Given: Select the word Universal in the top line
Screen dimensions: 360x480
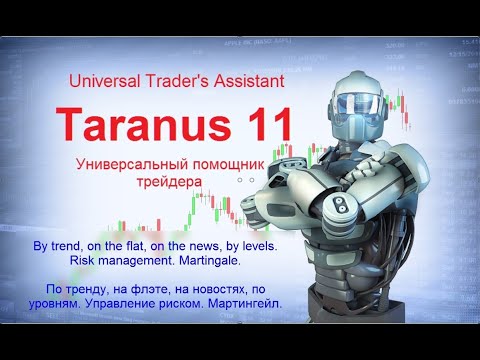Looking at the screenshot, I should pyautogui.click(x=104, y=79).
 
